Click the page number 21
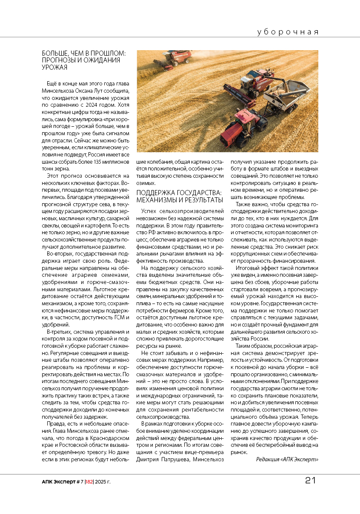[310, 480]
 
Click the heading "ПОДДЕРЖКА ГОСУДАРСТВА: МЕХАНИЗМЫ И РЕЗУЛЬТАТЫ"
[179, 196]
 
